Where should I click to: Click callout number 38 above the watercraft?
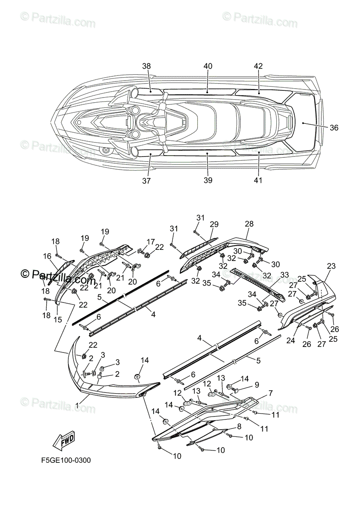[x=146, y=66]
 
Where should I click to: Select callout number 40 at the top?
[x=208, y=66]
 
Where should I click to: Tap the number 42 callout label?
[x=258, y=66]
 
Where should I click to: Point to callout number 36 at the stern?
[x=334, y=127]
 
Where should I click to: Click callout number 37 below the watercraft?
[x=146, y=181]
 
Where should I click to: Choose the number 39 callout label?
[x=208, y=181]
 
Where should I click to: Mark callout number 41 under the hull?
[x=258, y=181]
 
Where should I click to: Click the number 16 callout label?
[x=47, y=256]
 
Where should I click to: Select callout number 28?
[x=249, y=224]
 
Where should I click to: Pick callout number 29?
[x=214, y=224]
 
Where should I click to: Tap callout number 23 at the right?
[x=331, y=266]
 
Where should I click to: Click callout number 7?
[x=270, y=394]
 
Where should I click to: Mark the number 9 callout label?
[x=256, y=385]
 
